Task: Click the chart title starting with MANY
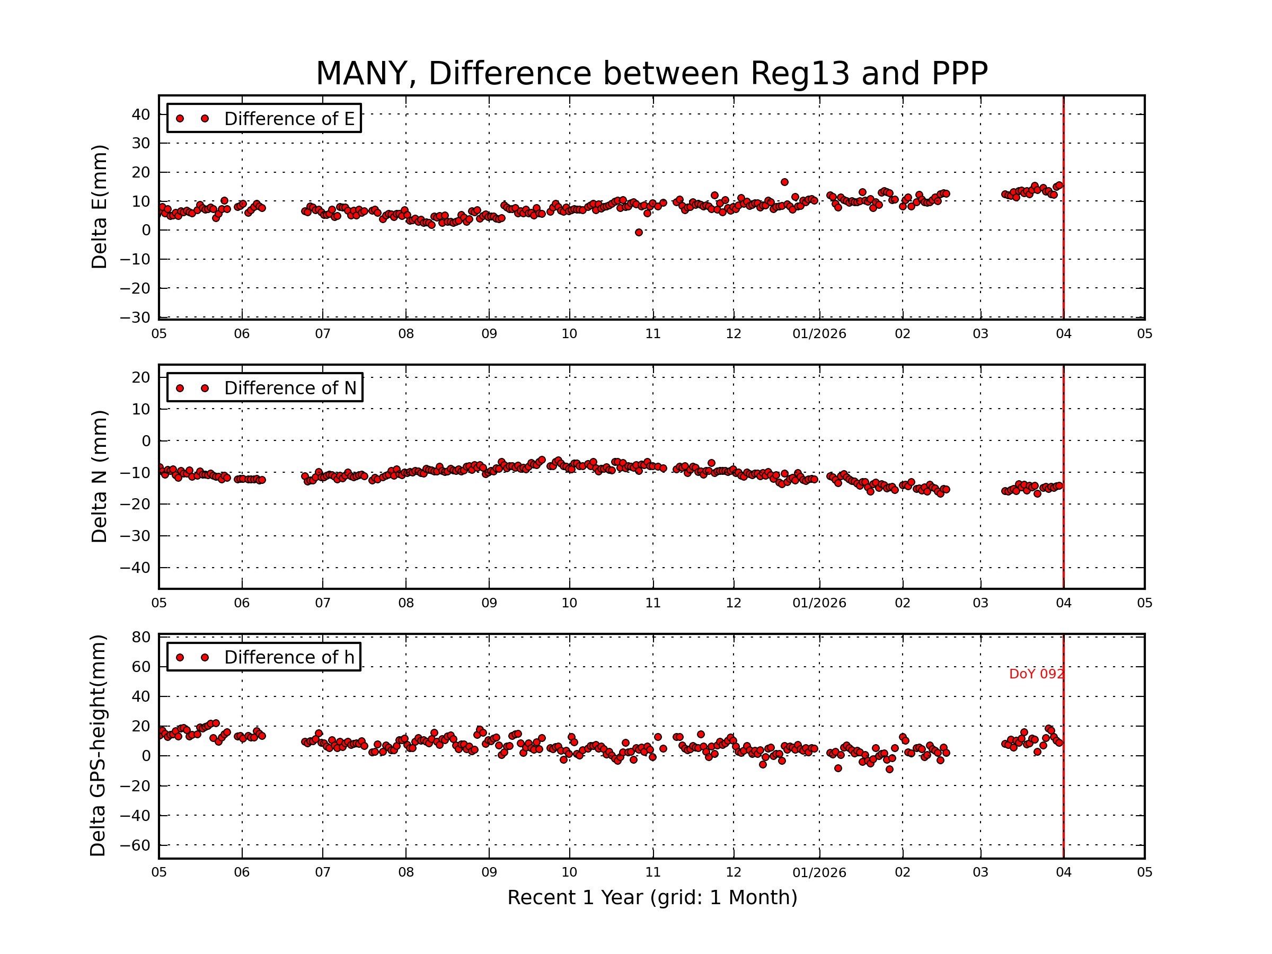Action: [651, 74]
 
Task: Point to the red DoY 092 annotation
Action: [1036, 674]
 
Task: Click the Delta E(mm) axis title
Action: [100, 207]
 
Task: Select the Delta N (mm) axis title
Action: [100, 476]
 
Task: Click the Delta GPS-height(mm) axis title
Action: [99, 746]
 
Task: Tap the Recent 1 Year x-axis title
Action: [652, 898]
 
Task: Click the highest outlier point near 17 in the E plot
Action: [784, 182]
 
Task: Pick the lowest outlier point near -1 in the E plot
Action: [639, 232]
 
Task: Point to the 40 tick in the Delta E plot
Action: [141, 114]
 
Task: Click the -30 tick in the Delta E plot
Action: [135, 317]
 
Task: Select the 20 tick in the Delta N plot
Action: [141, 378]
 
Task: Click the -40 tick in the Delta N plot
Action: [135, 568]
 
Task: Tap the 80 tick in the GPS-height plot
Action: [141, 637]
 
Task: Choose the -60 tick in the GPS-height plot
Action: [135, 845]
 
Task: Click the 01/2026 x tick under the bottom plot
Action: [819, 873]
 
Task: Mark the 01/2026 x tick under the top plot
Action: [819, 334]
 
